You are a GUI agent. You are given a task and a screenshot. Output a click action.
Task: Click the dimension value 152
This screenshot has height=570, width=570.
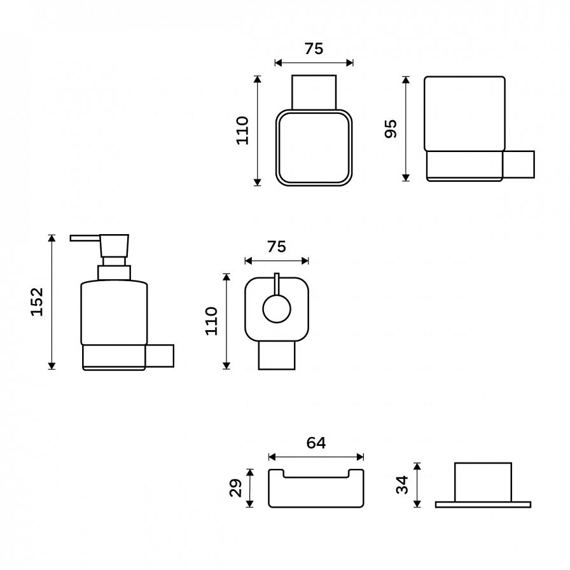tap(37, 302)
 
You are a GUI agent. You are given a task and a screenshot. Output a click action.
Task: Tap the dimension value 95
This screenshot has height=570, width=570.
tap(391, 129)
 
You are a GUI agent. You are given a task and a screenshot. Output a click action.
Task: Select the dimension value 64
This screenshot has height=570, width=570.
tap(316, 443)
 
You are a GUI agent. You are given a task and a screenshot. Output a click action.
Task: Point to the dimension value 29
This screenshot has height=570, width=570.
tap(236, 488)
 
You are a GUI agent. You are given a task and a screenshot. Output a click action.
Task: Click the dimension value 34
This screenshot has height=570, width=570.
tap(403, 485)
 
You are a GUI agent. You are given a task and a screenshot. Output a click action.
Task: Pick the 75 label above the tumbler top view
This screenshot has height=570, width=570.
tap(314, 49)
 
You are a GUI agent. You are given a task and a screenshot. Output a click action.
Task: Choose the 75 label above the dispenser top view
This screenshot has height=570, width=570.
tap(277, 247)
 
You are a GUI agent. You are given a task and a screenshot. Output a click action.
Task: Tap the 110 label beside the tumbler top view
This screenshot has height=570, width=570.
tap(242, 130)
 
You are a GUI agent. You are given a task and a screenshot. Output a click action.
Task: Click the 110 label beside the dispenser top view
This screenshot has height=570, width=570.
tap(211, 321)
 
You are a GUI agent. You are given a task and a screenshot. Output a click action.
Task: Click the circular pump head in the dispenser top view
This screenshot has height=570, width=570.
tap(277, 309)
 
